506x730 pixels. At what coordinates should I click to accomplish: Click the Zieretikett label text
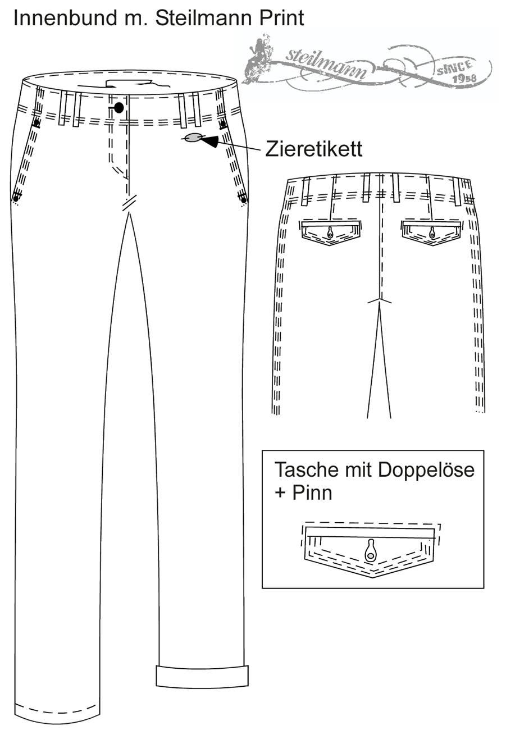[313, 149]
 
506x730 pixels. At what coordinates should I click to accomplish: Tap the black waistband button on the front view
[119, 107]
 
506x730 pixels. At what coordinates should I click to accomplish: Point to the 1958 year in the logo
[465, 78]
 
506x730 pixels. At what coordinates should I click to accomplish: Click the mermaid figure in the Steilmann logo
[260, 58]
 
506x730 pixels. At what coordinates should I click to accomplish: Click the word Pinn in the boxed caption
[312, 493]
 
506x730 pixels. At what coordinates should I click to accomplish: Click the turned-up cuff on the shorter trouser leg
[202, 677]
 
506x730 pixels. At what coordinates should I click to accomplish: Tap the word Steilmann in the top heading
[204, 17]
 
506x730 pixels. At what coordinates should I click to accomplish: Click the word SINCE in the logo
[454, 67]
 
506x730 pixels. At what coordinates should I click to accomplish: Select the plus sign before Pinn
[280, 493]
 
